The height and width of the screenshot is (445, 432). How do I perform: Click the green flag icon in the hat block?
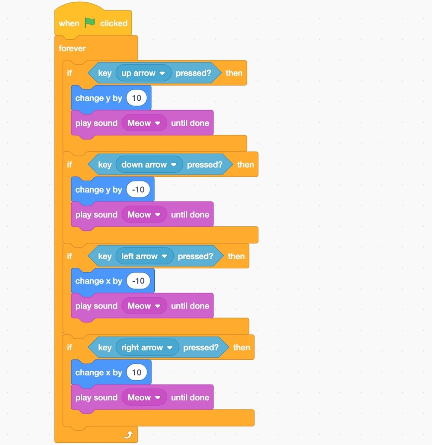coord(90,23)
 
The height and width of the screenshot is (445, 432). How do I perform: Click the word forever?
coord(72,48)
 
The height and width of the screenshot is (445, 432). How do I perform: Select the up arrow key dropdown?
coord(143,73)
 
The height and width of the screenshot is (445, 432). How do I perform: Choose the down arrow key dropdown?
coord(149,165)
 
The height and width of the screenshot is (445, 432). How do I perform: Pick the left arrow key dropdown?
coord(144,256)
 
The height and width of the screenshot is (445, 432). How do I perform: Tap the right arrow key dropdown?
coord(147,347)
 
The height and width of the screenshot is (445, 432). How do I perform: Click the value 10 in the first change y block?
coord(137,98)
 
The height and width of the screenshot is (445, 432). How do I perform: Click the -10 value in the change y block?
coord(138,190)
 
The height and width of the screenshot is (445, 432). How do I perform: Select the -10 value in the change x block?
coord(138,281)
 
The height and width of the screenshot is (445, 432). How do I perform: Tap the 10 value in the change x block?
coord(137,372)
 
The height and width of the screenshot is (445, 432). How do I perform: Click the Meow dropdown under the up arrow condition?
coord(144,123)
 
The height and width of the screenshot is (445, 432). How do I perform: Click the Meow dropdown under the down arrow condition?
coord(144,215)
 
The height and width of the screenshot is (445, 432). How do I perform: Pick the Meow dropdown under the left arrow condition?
coord(144,306)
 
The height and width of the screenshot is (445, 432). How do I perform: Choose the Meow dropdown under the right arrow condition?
coord(144,397)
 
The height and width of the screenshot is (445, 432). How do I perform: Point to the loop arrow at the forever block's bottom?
coord(128,435)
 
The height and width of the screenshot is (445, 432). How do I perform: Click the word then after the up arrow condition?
coord(234,73)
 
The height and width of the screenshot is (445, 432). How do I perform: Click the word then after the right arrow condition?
coord(241,347)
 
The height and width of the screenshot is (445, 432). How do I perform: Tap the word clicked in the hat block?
coord(114,23)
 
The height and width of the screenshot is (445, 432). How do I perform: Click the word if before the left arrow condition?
coord(69,256)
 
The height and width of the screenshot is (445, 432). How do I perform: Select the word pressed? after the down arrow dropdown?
coord(205,165)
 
